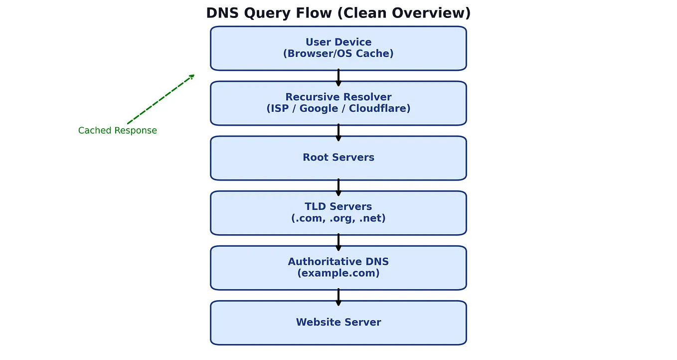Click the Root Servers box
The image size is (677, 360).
[338, 158]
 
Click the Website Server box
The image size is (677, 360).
[338, 323]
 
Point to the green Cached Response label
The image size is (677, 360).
[117, 131]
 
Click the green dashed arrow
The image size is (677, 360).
[161, 99]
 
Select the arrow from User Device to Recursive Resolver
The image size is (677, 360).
[338, 77]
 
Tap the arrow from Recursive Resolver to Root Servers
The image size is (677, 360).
[338, 132]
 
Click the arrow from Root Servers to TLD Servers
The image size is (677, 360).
[338, 186]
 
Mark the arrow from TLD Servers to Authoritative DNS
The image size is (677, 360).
[338, 241]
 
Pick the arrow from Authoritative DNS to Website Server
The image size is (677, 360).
[338, 296]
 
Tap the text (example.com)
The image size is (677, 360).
[338, 273]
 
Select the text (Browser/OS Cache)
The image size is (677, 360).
[338, 54]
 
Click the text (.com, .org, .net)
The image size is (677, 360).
[338, 218]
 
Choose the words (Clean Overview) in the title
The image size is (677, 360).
[404, 13]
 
